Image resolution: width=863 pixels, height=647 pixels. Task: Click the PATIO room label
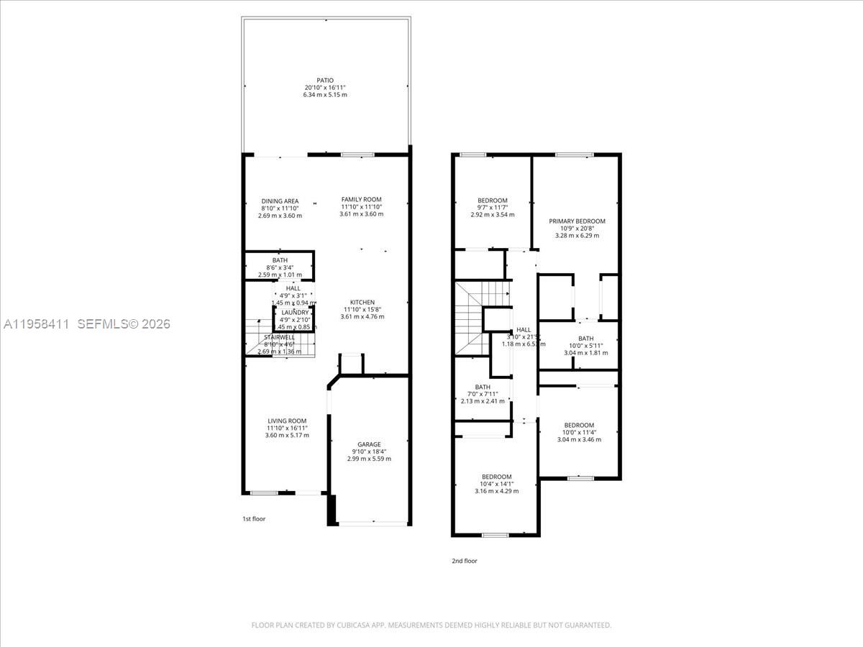click(x=325, y=81)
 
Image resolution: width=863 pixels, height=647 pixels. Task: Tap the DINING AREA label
click(x=280, y=201)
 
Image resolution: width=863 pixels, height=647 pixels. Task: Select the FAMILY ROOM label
click(x=361, y=199)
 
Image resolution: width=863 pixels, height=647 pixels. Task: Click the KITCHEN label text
click(x=362, y=303)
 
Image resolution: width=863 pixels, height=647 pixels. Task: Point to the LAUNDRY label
click(x=295, y=313)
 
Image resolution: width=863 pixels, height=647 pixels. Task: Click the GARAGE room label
click(x=369, y=444)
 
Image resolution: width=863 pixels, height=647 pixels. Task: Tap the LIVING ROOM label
click(x=287, y=421)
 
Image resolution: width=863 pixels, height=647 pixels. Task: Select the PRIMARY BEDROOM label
click(x=577, y=221)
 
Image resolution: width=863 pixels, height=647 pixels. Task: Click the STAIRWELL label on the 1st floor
click(x=279, y=336)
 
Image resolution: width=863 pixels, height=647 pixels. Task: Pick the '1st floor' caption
click(x=254, y=518)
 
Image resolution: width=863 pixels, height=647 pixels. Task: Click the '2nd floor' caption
click(x=465, y=561)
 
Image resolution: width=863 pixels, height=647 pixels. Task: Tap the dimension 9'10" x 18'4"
click(x=369, y=451)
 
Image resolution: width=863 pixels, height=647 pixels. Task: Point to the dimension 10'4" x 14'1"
click(x=496, y=484)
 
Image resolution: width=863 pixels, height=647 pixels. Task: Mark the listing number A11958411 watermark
click(x=36, y=324)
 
